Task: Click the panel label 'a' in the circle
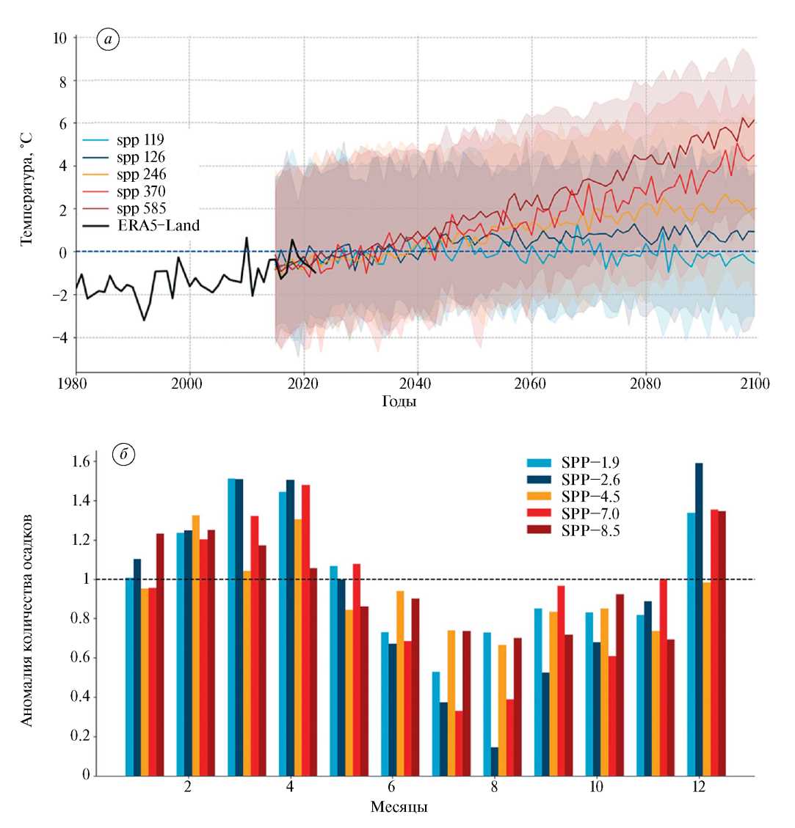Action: point(108,40)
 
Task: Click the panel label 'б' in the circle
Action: point(124,455)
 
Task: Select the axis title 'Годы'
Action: point(399,402)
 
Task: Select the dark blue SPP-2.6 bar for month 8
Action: point(495,761)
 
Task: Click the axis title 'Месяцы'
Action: point(399,807)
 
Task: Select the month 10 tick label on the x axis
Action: point(596,788)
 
